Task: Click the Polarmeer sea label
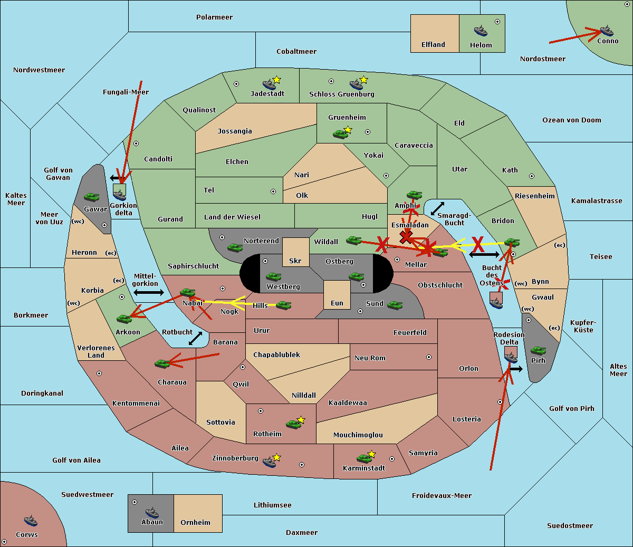pyautogui.click(x=214, y=17)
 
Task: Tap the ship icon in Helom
pyautogui.click(x=481, y=31)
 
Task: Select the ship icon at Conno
pyautogui.click(x=607, y=31)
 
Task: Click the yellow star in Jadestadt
pyautogui.click(x=276, y=80)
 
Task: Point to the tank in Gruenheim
pyautogui.click(x=341, y=134)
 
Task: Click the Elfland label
pyautogui.click(x=433, y=45)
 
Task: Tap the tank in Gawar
pyautogui.click(x=91, y=197)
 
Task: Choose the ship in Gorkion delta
pyautogui.click(x=119, y=195)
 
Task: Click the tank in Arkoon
pyautogui.click(x=124, y=319)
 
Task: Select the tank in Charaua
pyautogui.click(x=162, y=363)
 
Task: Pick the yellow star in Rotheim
pyautogui.click(x=301, y=419)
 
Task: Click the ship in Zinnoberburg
pyautogui.click(x=270, y=462)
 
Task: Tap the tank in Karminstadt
pyautogui.click(x=365, y=458)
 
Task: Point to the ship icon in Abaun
pyautogui.click(x=152, y=513)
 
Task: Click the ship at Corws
pyautogui.click(x=31, y=520)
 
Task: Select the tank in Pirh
pyautogui.click(x=538, y=350)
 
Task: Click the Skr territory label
pyautogui.click(x=295, y=261)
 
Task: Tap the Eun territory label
pyautogui.click(x=337, y=303)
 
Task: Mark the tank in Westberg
pyautogui.click(x=273, y=276)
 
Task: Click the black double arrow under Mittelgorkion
pyautogui.click(x=149, y=292)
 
